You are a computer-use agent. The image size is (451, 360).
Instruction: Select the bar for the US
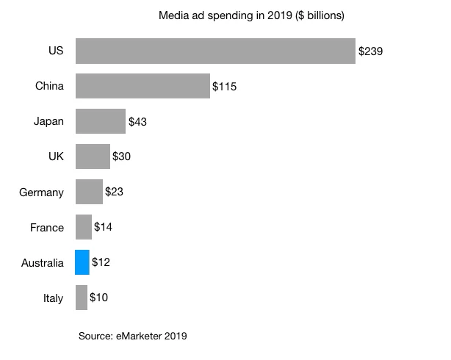click(x=215, y=51)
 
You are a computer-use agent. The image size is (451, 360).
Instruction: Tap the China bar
click(x=142, y=87)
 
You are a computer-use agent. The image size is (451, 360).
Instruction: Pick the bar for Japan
click(x=100, y=121)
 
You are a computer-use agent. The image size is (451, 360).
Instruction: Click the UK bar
click(x=93, y=156)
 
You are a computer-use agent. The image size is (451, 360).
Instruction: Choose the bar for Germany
click(x=89, y=192)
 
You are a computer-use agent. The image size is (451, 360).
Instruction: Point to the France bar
click(x=83, y=227)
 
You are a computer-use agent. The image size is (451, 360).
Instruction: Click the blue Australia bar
click(x=82, y=262)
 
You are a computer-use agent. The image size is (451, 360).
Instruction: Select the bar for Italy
click(x=81, y=298)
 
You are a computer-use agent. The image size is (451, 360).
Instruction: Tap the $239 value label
click(x=370, y=51)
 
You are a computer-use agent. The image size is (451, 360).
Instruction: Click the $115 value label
click(x=224, y=87)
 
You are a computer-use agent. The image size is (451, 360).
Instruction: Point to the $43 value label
click(x=138, y=122)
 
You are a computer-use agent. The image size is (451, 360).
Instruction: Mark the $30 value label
click(x=122, y=156)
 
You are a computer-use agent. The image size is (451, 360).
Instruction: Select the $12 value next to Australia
click(x=101, y=262)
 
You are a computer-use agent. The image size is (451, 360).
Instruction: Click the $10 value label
click(x=99, y=298)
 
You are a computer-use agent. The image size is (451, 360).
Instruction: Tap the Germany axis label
click(x=41, y=192)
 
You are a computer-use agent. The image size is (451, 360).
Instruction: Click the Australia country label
click(x=43, y=262)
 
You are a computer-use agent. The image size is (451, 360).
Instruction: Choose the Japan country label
click(x=49, y=122)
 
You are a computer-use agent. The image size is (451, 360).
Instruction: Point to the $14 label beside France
click(x=104, y=227)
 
